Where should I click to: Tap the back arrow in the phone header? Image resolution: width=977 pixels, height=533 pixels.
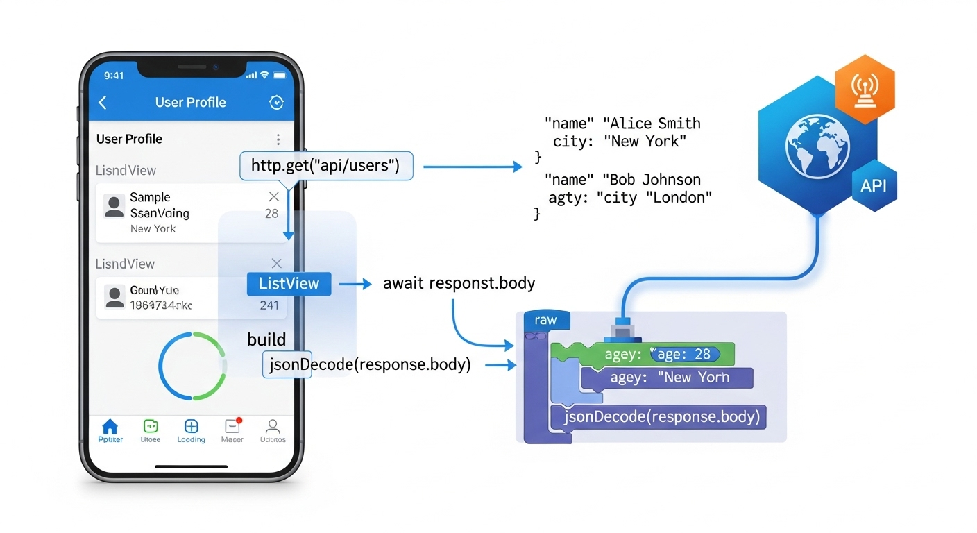[x=103, y=103]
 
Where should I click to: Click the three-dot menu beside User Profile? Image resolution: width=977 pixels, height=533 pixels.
[x=278, y=139]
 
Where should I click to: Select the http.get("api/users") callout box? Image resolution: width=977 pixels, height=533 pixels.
[x=326, y=167]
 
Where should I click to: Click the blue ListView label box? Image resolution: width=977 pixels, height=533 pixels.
[x=289, y=283]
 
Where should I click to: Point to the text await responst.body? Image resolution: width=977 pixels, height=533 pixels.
[x=459, y=283]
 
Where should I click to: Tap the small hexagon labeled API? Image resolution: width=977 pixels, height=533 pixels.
[x=874, y=185]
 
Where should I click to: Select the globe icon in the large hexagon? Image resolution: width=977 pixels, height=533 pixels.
[x=817, y=144]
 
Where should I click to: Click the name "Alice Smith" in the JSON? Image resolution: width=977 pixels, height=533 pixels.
[x=652, y=124]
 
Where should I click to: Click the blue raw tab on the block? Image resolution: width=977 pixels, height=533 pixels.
[x=546, y=321]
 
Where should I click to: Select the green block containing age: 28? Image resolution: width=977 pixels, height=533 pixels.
[x=642, y=354]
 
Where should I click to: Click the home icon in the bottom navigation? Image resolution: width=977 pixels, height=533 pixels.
[x=110, y=426]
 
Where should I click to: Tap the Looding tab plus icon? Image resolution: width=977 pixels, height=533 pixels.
[x=191, y=426]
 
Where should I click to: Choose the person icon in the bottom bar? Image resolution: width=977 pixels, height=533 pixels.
[x=273, y=426]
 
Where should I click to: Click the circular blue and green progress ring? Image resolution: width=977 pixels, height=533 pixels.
[x=192, y=366]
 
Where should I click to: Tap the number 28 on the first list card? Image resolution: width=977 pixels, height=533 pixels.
[x=271, y=214]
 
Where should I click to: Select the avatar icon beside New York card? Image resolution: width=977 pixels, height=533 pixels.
[x=114, y=205]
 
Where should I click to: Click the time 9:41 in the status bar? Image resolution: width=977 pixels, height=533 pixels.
[x=114, y=75]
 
